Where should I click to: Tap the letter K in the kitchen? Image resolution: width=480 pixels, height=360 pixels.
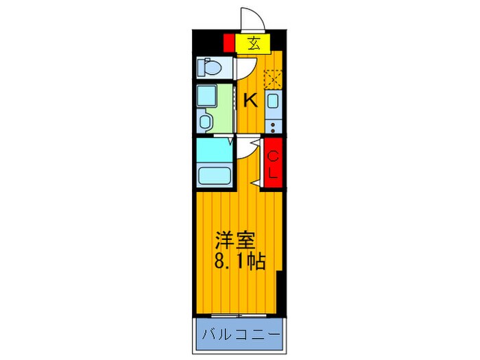pos(251,100)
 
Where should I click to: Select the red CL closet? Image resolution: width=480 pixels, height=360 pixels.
pos(273,165)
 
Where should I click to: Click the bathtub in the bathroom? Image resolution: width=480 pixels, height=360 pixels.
pos(213,175)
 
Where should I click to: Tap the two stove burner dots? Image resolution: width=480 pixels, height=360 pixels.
pos(273,126)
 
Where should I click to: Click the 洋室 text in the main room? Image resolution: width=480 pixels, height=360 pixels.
pos(237,241)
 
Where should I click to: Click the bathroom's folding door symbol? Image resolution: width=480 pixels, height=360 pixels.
pos(226,143)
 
